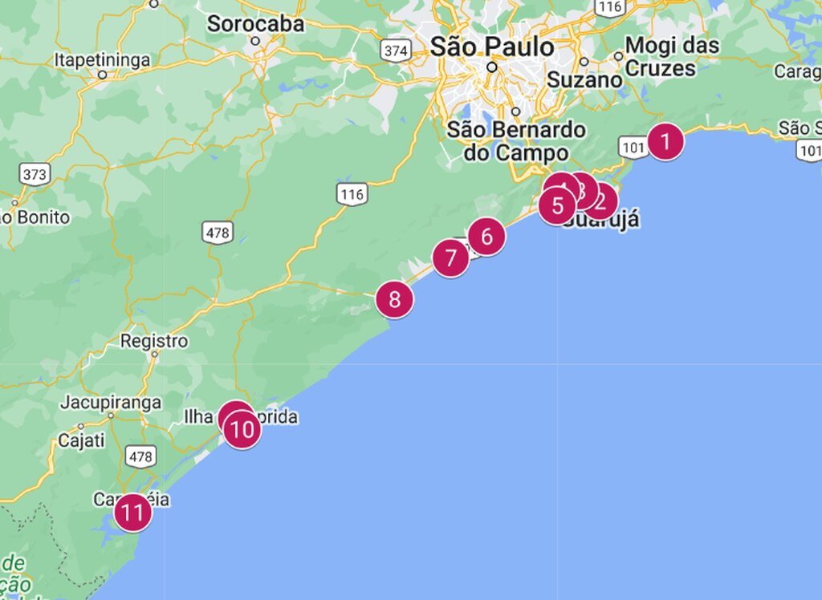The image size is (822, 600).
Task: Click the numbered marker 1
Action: (x=665, y=143)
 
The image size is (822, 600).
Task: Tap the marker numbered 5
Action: (x=557, y=206)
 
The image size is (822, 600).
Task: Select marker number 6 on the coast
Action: (x=486, y=237)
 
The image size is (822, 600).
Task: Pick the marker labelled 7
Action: (x=450, y=258)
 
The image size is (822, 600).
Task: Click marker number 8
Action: (x=394, y=300)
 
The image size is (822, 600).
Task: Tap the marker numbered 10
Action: (x=242, y=431)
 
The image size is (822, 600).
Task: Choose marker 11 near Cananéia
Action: (x=132, y=512)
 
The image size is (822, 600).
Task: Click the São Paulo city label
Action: (x=491, y=47)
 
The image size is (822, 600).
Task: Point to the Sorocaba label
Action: (x=255, y=24)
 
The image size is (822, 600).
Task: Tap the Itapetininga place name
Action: (x=102, y=59)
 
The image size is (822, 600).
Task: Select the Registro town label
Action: (x=154, y=341)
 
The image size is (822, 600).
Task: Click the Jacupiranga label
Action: (x=110, y=402)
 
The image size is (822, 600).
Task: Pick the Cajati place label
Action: (x=80, y=440)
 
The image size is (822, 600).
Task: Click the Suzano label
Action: (x=584, y=80)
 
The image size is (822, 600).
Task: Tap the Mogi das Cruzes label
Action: (x=671, y=56)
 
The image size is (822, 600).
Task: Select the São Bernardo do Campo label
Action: (x=515, y=140)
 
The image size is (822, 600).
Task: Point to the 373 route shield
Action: (x=35, y=173)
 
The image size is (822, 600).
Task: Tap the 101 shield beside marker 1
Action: (x=633, y=147)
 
